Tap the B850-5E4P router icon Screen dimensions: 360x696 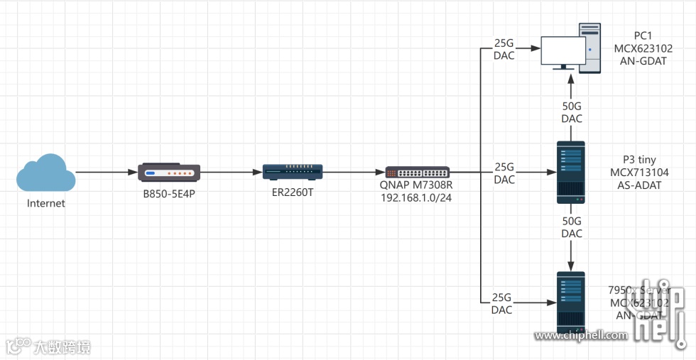(169, 173)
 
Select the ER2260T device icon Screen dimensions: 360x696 (293, 172)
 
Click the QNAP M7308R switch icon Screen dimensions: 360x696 (417, 173)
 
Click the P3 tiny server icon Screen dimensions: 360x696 (571, 173)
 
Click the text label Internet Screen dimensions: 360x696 (46, 204)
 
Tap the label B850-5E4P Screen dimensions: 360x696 (169, 193)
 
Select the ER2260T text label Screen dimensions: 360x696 (293, 192)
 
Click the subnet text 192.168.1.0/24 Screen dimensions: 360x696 (417, 198)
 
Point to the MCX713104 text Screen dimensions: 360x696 (639, 173)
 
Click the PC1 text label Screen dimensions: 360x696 (643, 36)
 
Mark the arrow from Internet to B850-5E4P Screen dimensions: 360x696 (107, 173)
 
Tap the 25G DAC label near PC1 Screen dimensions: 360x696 (504, 49)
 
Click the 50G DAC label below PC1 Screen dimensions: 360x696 (572, 112)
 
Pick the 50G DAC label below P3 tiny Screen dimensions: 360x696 (572, 227)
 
